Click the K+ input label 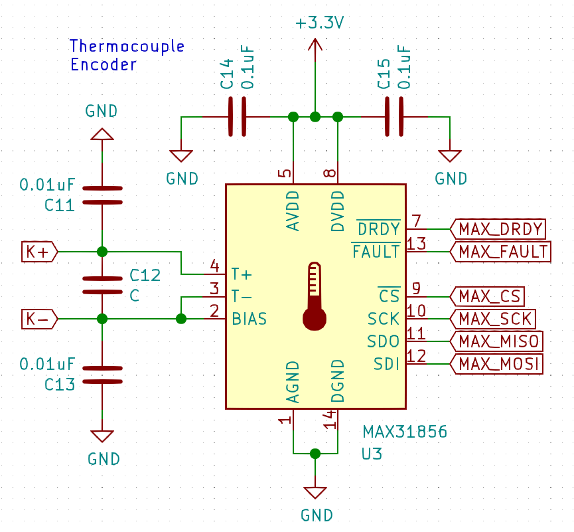pos(39,252)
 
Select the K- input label pos(39,319)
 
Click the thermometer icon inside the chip pos(315,297)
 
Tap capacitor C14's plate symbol pos(237,117)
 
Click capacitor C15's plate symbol pos(394,117)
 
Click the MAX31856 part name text pos(404,432)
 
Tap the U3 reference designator pos(372,454)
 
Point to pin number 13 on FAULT pos(416,243)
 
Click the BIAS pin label pos(249,319)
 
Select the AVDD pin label pos(293,211)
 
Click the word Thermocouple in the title pos(127,46)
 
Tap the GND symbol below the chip pos(315,493)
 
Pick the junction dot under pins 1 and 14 pos(315,454)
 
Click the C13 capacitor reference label pos(59,385)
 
